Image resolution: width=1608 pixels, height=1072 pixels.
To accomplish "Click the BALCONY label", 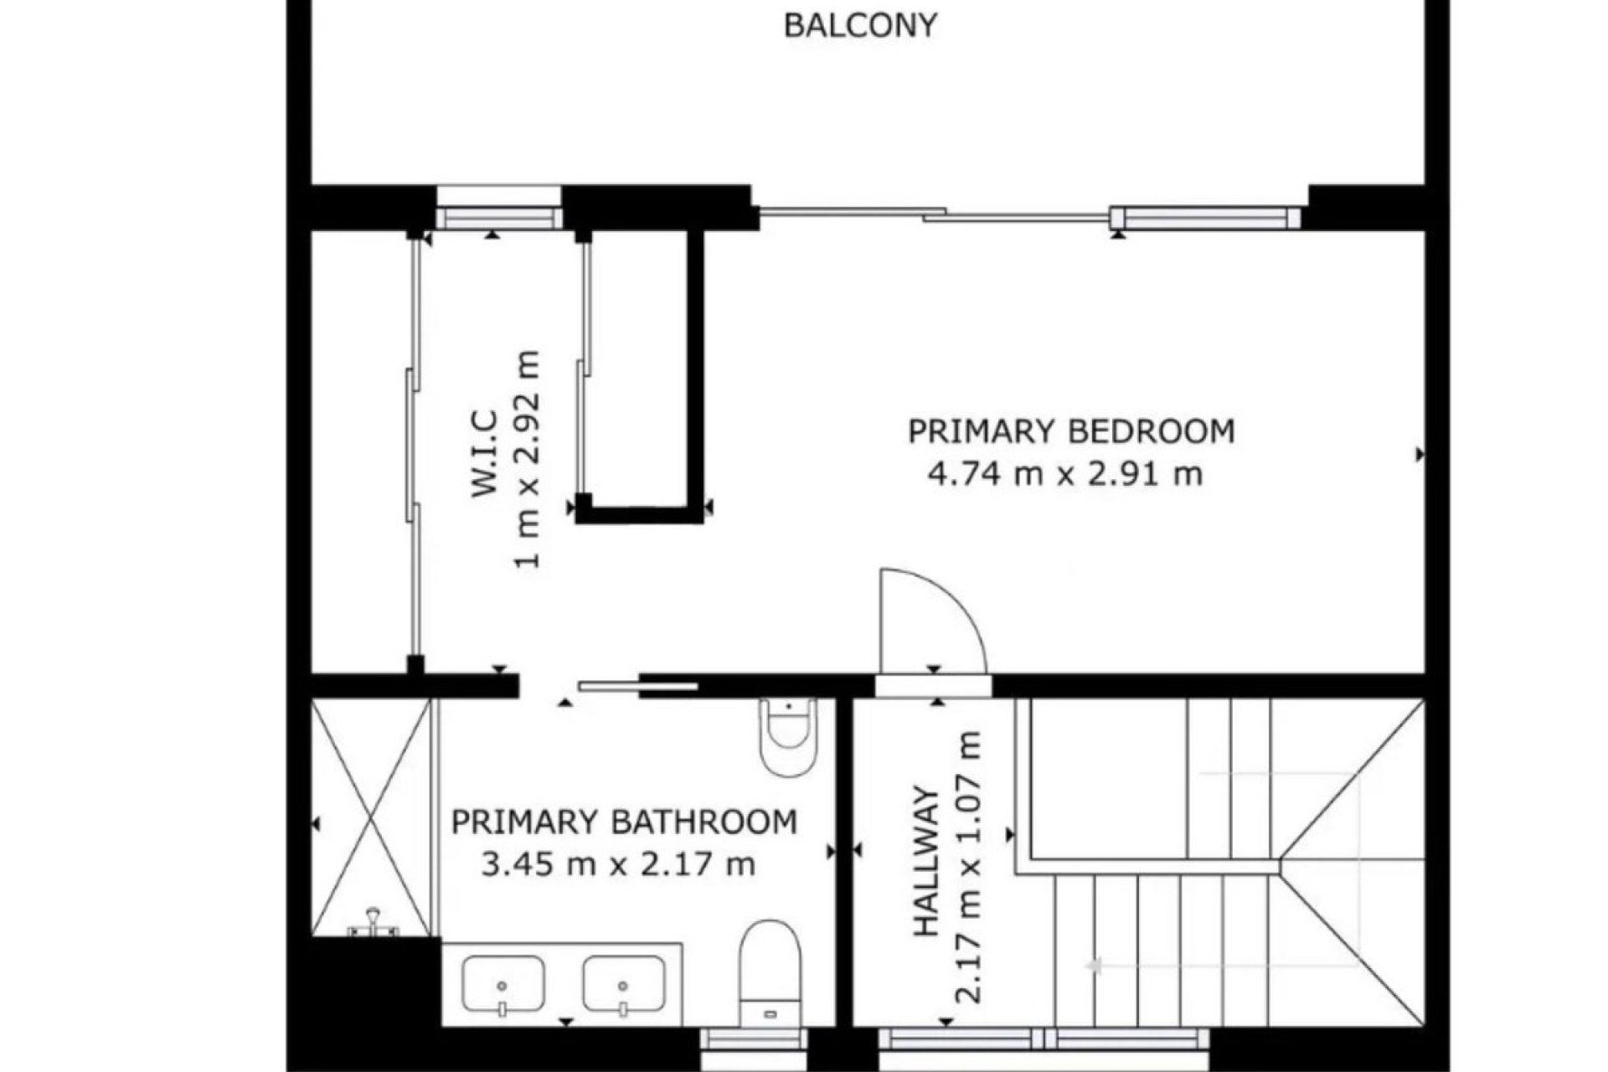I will [x=859, y=26].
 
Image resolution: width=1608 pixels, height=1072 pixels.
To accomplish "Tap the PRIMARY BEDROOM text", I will [x=1071, y=432].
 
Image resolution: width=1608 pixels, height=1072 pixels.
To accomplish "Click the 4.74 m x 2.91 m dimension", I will [x=1064, y=475].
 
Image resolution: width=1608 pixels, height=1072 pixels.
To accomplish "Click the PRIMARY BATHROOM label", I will [x=624, y=822].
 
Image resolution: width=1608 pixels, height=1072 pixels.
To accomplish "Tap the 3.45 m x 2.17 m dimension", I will [x=618, y=863].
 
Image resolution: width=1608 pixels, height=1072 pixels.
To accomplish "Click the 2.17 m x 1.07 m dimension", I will [x=968, y=868].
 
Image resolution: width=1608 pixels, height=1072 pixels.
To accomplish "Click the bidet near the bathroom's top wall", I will [x=787, y=735].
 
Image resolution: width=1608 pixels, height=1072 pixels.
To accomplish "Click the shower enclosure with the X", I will [x=371, y=817].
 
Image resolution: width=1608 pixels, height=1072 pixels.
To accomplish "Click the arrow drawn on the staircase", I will [x=1094, y=966].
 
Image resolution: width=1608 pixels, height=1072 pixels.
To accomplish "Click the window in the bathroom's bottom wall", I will [x=754, y=1041].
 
